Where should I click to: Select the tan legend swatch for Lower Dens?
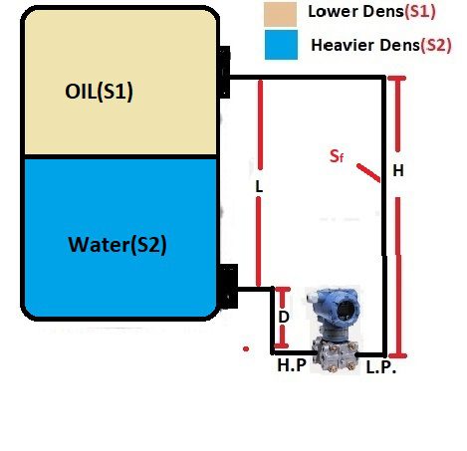tap(281, 14)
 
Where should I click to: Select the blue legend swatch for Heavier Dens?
tap(281, 45)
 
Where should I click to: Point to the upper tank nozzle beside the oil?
tap(225, 74)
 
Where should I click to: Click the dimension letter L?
tap(258, 186)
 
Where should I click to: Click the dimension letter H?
tap(397, 171)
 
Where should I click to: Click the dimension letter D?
tap(283, 317)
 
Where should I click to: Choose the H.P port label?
tap(291, 366)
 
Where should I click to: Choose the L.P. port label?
tap(381, 367)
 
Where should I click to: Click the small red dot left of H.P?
tap(244, 348)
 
